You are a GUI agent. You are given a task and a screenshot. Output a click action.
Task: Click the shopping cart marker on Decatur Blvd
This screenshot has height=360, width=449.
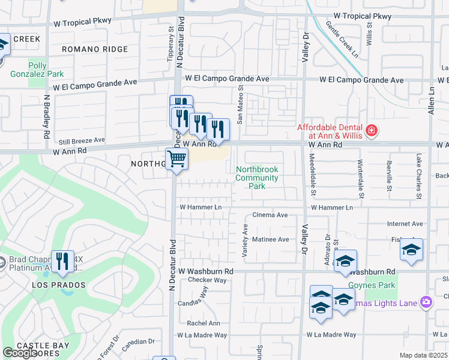tap(176, 159)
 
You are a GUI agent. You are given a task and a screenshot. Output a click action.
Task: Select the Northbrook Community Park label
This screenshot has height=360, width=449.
tap(257, 178)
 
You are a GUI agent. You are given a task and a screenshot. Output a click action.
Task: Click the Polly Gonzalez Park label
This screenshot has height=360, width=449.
tap(37, 70)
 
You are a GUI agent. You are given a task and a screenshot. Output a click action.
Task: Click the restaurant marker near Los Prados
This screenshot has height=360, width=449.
tap(62, 260)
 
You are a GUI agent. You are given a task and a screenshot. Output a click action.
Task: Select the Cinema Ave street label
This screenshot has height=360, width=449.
tap(270, 215)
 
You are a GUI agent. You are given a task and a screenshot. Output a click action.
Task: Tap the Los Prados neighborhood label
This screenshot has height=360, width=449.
tap(59, 285)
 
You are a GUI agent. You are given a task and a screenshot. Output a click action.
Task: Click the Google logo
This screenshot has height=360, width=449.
tap(20, 353)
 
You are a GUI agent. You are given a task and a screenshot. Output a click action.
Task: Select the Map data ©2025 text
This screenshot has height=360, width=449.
tap(423, 355)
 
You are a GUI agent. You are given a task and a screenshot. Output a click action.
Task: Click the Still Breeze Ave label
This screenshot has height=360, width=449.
tap(79, 140)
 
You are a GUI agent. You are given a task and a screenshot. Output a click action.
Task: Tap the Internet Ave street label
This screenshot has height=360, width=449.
tap(405, 224)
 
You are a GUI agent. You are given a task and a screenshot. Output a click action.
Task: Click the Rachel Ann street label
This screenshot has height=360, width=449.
tap(203, 323)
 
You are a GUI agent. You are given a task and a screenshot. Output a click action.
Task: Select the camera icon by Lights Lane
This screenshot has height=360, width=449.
tap(426, 302)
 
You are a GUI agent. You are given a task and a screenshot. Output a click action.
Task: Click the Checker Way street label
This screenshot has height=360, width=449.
tap(207, 280)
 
